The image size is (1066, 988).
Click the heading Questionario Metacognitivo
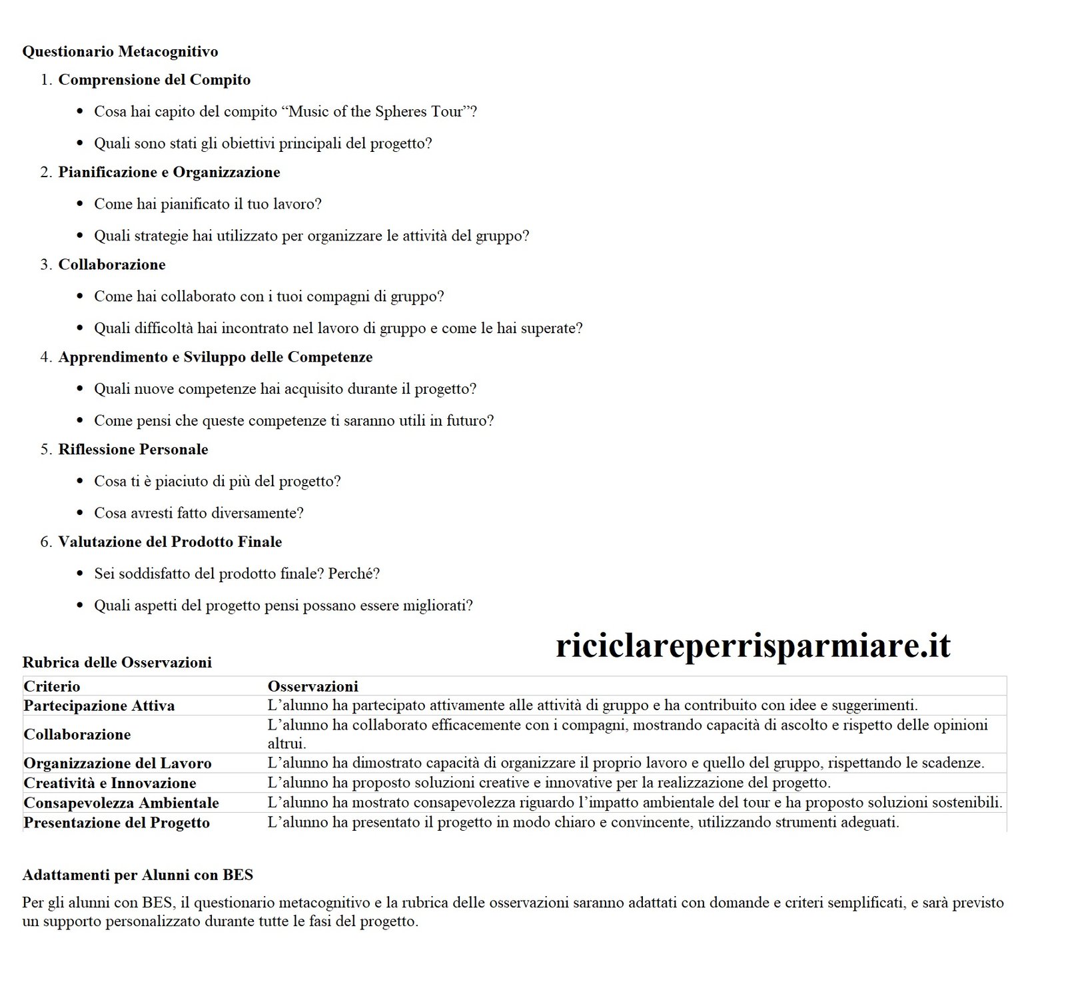(x=120, y=51)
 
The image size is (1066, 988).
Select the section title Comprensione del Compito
(x=154, y=80)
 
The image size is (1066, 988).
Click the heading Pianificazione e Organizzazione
(x=169, y=172)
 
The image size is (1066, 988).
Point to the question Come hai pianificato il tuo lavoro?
(x=207, y=204)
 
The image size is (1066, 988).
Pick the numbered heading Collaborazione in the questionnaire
(x=111, y=264)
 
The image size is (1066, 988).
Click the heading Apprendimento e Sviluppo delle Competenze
(x=215, y=357)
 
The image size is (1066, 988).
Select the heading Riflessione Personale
(x=133, y=450)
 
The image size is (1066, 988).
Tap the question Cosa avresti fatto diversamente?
(x=199, y=513)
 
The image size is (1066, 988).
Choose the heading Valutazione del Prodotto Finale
(x=169, y=542)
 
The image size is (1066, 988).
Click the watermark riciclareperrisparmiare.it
(x=753, y=645)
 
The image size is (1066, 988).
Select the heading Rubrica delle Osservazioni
(x=117, y=662)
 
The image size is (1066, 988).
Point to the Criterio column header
(x=51, y=686)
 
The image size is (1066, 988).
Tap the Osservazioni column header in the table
(x=312, y=686)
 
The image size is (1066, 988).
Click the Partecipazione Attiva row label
(x=99, y=706)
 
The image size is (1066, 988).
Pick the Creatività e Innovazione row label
(x=109, y=783)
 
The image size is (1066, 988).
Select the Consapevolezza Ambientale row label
(x=121, y=803)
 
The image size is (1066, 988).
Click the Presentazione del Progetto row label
(x=116, y=823)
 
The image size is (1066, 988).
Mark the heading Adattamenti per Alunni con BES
(x=137, y=875)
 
